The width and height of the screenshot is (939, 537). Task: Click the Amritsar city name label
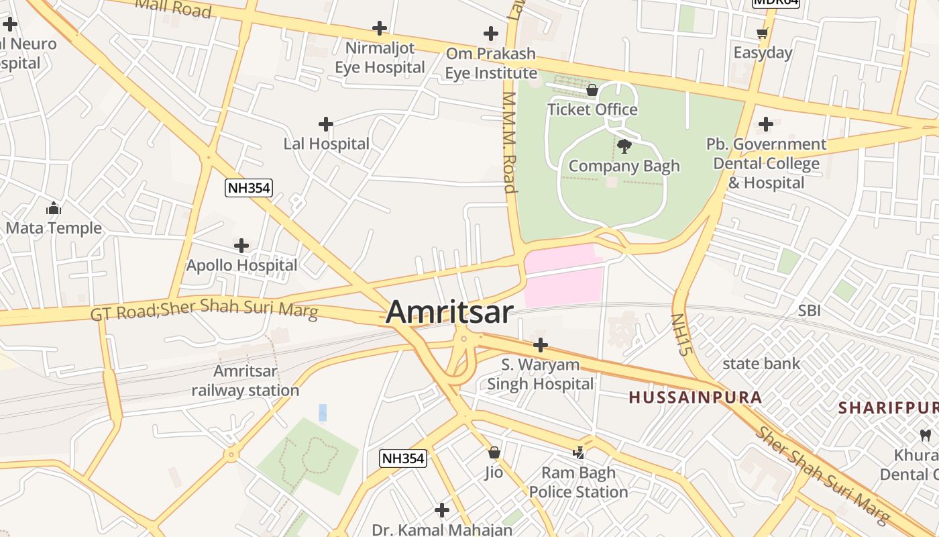tap(449, 312)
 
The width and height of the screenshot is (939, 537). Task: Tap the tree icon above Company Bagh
tap(624, 146)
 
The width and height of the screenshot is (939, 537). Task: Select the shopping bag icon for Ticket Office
tap(592, 90)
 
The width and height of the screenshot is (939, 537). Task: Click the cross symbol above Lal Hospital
tap(326, 124)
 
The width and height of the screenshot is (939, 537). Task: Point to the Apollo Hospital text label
tap(241, 265)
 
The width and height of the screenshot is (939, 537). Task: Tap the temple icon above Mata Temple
tap(54, 208)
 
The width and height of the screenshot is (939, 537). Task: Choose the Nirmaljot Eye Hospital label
tap(380, 58)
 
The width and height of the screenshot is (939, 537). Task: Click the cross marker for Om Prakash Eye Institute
tap(491, 34)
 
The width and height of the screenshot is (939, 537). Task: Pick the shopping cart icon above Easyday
tap(762, 33)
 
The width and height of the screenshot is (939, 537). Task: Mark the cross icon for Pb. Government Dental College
tap(765, 124)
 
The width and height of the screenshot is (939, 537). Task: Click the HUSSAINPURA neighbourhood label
tap(695, 397)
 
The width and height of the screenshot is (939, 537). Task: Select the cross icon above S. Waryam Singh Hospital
tap(540, 345)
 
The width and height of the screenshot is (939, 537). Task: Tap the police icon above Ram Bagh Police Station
tap(579, 453)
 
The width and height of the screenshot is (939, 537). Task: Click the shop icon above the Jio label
tap(494, 452)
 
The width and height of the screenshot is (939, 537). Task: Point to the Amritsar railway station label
tap(245, 381)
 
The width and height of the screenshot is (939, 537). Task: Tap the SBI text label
tap(809, 311)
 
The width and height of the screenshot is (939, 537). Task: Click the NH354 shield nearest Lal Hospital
tap(249, 188)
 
